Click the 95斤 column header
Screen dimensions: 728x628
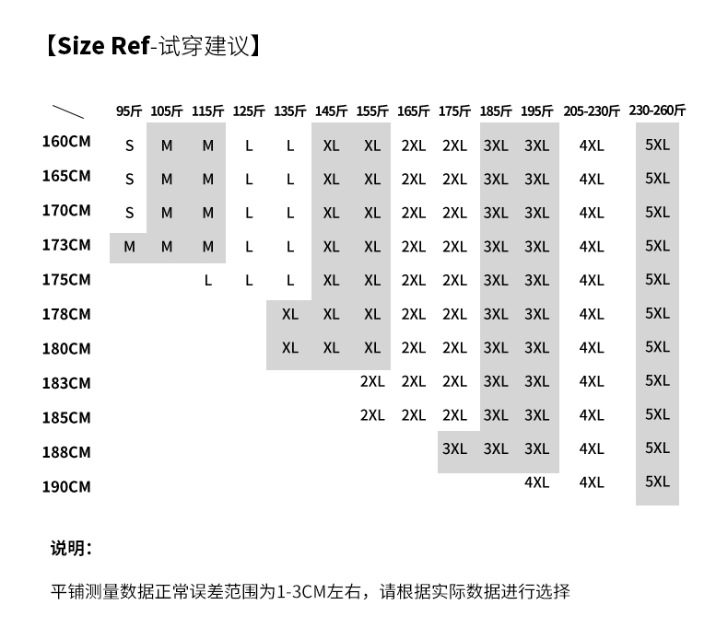point(129,111)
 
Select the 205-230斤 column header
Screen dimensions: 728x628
point(592,111)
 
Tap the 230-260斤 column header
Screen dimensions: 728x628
point(657,110)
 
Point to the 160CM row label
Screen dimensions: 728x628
point(66,141)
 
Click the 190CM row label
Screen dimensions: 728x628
point(66,486)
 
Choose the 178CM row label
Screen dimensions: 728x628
point(66,314)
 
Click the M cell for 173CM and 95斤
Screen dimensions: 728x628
point(129,247)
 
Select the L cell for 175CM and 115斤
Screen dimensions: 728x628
point(208,280)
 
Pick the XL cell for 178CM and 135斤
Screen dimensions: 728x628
point(290,314)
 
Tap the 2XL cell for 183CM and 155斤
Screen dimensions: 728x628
point(372,381)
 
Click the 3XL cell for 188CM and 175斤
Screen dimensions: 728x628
point(454,448)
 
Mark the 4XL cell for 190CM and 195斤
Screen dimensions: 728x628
point(536,483)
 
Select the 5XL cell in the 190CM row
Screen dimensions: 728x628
point(657,482)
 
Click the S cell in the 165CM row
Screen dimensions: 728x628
point(130,179)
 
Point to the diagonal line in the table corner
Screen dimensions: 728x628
point(68,111)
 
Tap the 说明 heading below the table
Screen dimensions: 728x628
point(66,548)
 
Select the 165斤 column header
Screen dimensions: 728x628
point(413,111)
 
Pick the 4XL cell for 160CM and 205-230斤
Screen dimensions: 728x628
point(592,145)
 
